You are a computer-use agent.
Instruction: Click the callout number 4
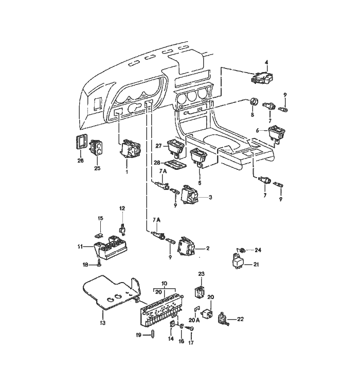click(266, 62)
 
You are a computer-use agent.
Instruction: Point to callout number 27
click(158, 146)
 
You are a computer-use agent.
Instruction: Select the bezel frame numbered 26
click(81, 142)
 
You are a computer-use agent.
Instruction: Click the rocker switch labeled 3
click(189, 196)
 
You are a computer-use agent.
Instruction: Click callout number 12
click(122, 208)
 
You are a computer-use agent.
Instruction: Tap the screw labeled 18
click(100, 262)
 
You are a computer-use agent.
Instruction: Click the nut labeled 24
click(242, 251)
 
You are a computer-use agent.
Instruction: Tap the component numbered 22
click(223, 319)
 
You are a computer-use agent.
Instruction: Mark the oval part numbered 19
click(153, 335)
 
